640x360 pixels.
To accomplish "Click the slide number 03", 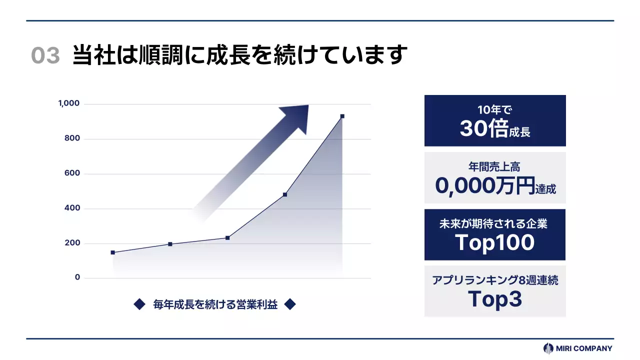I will (45, 55).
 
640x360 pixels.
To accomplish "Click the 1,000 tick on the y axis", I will (69, 103).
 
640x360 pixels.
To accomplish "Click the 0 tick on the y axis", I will (77, 277).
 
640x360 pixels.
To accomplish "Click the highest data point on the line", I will (342, 116).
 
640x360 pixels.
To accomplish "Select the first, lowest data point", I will (113, 252).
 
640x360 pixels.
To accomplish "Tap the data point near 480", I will (285, 194).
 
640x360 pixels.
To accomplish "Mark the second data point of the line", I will (170, 244).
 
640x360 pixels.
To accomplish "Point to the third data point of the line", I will (227, 237).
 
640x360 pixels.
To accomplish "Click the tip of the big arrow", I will (307, 105).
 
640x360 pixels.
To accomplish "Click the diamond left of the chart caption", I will (139, 304).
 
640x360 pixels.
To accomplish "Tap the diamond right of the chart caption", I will (290, 304).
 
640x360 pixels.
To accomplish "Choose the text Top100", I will (494, 242).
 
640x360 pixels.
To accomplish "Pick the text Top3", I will (494, 299).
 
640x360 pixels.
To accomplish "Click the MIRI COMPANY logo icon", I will (548, 348).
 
